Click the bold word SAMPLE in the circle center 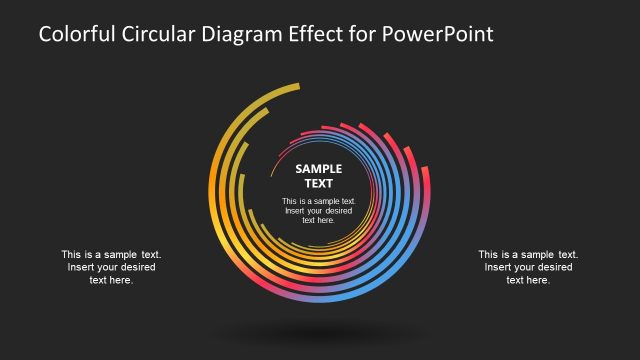click(x=319, y=169)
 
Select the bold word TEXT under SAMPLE click(x=319, y=183)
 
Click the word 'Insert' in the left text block click(x=82, y=267)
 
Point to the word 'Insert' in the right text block click(x=499, y=267)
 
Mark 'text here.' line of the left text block click(x=111, y=280)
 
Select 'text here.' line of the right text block click(x=528, y=280)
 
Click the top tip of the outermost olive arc click(x=297, y=89)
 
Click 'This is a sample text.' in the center click(x=319, y=201)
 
